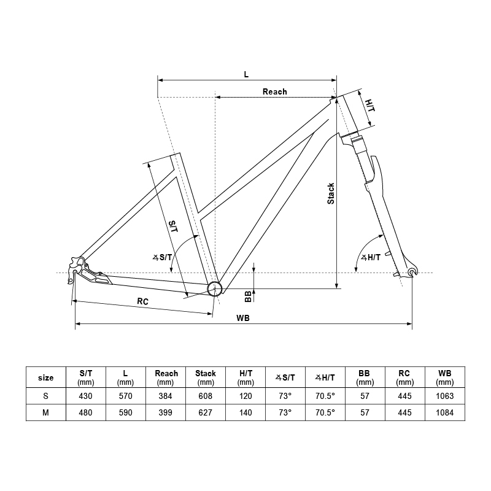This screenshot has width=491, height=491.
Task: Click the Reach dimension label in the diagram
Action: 274,91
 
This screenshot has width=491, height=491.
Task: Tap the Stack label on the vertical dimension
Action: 331,194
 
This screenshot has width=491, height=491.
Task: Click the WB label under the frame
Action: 244,318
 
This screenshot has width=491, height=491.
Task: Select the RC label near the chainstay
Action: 142,302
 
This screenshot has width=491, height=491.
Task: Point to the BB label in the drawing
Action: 248,296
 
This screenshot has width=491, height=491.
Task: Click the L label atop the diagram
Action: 246,74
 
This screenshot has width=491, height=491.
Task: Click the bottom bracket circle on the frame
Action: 214,288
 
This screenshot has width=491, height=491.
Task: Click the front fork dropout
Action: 411,271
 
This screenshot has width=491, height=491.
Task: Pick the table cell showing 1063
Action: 445,396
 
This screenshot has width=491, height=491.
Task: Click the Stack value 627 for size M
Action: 206,412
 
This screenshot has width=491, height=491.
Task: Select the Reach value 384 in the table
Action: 166,396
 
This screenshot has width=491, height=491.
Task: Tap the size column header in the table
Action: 45,377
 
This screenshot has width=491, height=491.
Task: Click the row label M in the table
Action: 45,412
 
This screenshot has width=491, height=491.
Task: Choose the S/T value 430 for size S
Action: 85,396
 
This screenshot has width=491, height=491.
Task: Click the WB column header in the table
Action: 445,377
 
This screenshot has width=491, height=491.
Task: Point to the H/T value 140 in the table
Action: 245,412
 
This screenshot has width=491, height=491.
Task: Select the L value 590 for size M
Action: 125,412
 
